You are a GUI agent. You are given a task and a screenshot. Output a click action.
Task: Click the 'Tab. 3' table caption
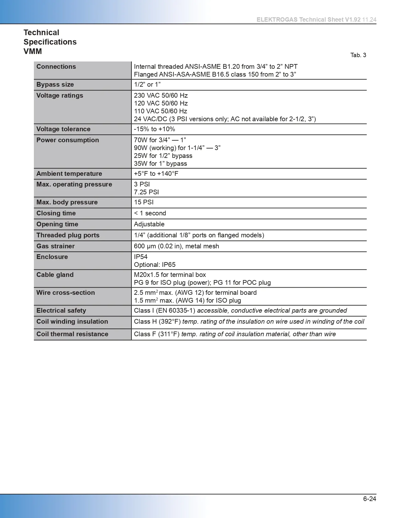click(x=358, y=55)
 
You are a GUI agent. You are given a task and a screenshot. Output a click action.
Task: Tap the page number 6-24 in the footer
click(x=370, y=499)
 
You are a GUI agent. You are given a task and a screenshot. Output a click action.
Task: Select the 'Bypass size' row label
click(x=55, y=84)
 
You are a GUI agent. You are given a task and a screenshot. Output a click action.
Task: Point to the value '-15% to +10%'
click(x=154, y=129)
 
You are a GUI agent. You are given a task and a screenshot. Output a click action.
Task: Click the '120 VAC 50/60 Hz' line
click(x=161, y=103)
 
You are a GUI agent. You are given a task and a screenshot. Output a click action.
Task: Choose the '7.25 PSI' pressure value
click(x=146, y=192)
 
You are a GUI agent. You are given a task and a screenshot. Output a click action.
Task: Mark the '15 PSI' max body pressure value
click(x=144, y=202)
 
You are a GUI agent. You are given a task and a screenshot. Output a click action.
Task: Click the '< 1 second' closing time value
click(x=150, y=213)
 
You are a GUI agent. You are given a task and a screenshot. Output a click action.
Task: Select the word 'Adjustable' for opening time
click(x=149, y=224)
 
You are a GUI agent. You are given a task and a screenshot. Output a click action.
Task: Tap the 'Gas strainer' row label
click(x=56, y=246)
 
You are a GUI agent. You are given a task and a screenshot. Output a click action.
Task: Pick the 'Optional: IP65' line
click(x=155, y=265)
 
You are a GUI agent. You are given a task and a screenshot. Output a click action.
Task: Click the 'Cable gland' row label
click(x=55, y=275)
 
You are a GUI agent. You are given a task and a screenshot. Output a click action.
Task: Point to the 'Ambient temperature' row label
click(x=69, y=174)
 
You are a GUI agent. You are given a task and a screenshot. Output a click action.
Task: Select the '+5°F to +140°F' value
click(x=156, y=174)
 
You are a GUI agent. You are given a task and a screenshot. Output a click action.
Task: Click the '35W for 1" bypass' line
click(x=160, y=164)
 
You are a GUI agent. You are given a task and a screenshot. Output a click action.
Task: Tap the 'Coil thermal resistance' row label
click(x=72, y=334)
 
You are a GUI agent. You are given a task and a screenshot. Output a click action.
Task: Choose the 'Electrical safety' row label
click(x=61, y=310)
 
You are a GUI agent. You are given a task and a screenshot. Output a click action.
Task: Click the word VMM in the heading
click(x=33, y=51)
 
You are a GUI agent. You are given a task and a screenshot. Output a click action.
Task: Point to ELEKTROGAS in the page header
click(x=277, y=19)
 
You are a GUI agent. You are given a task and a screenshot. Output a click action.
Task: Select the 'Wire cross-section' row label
click(x=66, y=293)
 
